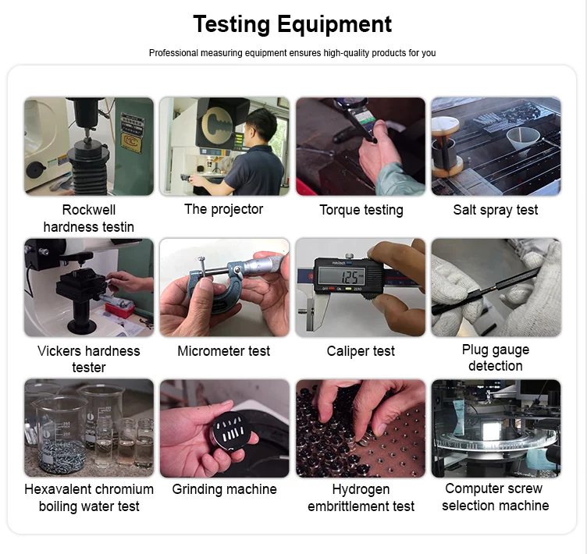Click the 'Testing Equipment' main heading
click(x=293, y=24)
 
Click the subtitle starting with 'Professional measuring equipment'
click(x=293, y=53)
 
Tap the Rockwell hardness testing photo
click(x=89, y=146)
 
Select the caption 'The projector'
click(x=224, y=209)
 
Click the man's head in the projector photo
click(x=263, y=124)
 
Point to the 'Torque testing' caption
click(x=361, y=210)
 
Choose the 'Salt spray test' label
click(x=496, y=210)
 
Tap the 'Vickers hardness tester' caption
click(x=89, y=359)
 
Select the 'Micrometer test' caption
click(x=224, y=351)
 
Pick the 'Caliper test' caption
click(x=361, y=351)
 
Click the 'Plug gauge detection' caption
click(x=496, y=357)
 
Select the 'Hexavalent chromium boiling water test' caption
click(x=89, y=498)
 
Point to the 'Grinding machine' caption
click(x=224, y=489)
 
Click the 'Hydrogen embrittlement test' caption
click(x=361, y=498)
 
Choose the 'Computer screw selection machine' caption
click(x=496, y=497)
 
